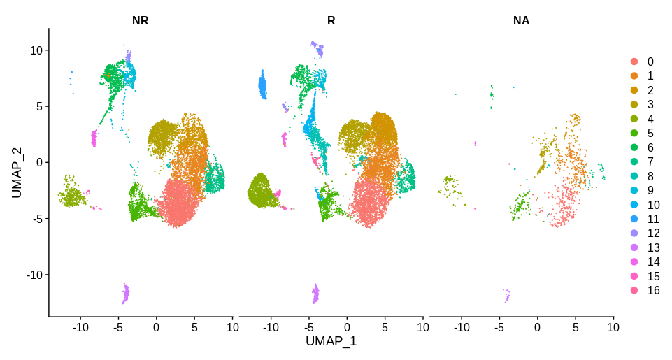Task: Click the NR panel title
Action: pyautogui.click(x=140, y=20)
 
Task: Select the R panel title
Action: pyautogui.click(x=331, y=20)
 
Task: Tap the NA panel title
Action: pyautogui.click(x=521, y=20)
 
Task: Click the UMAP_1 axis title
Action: pyautogui.click(x=331, y=341)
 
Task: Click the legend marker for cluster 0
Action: pyautogui.click(x=634, y=62)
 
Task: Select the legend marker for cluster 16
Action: pyautogui.click(x=634, y=290)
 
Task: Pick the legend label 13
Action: pyautogui.click(x=653, y=247)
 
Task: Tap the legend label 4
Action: pyautogui.click(x=650, y=119)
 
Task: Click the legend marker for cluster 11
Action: pyautogui.click(x=634, y=219)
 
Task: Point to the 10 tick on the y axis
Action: pyautogui.click(x=36, y=50)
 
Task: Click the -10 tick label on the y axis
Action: pyautogui.click(x=34, y=275)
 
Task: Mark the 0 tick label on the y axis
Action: pyautogui.click(x=40, y=162)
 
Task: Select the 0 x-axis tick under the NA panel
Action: pyautogui.click(x=537, y=326)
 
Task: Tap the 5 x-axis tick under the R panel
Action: pyautogui.click(x=385, y=326)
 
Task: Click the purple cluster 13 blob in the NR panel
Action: pyautogui.click(x=126, y=293)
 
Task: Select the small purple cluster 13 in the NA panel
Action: pyautogui.click(x=507, y=296)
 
